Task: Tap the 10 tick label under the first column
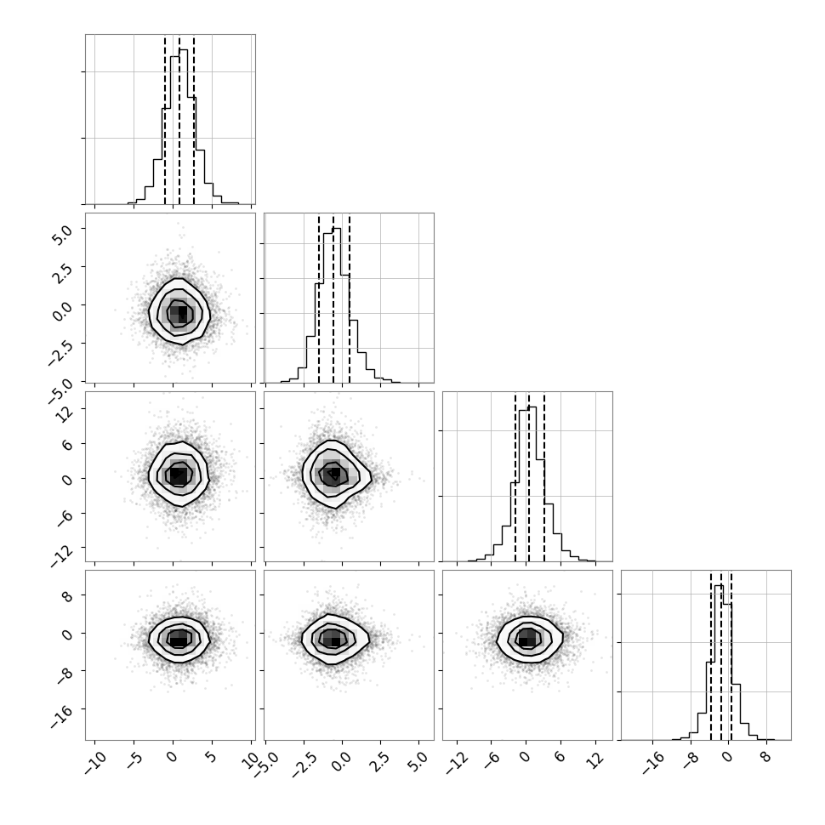251,760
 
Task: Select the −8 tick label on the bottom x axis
691,761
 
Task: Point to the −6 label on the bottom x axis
491,761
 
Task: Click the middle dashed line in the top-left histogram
179,120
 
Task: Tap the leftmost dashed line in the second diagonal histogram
319,299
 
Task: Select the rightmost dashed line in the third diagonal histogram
544,477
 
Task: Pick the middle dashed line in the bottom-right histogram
721,656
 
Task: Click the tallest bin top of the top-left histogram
183,50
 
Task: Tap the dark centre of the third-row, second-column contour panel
334,474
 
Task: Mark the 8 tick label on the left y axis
67,595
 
